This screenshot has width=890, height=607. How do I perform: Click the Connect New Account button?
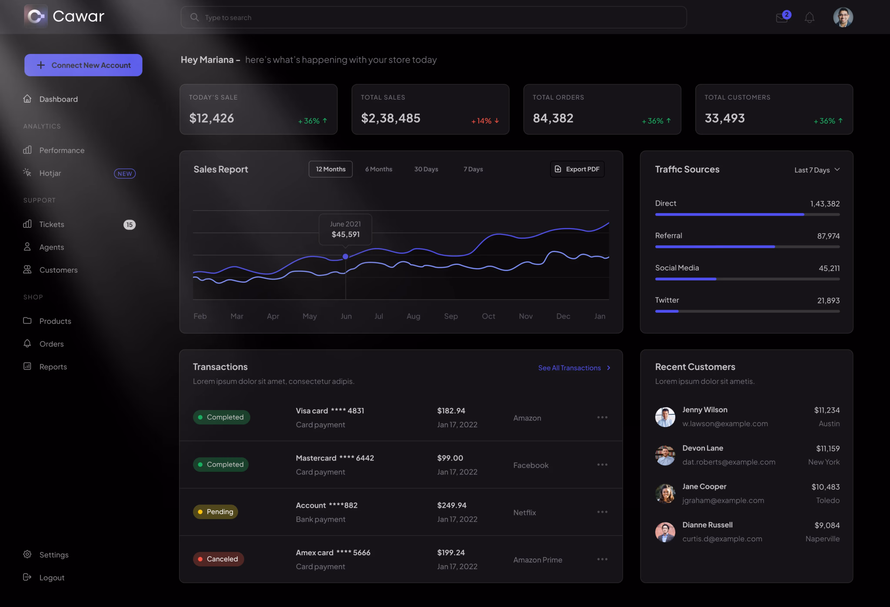click(83, 65)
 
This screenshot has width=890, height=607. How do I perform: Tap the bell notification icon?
click(809, 18)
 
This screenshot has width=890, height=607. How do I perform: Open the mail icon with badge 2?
click(782, 18)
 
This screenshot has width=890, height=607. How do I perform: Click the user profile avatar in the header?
click(843, 17)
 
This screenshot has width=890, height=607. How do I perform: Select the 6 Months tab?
click(379, 169)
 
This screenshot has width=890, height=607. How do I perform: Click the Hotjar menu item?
click(50, 173)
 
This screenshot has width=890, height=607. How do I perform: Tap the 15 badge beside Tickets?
click(129, 225)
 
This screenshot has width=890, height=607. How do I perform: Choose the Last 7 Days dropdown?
click(817, 170)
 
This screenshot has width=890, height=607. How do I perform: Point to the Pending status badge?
click(216, 512)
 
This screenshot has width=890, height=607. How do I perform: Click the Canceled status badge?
click(219, 559)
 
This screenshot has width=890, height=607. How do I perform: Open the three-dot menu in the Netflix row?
click(602, 512)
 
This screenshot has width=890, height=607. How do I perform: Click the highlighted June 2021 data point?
click(345, 257)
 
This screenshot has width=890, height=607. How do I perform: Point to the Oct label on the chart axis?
click(488, 316)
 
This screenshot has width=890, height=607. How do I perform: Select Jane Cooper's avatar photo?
click(665, 494)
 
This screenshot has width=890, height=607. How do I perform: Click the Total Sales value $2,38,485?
click(390, 118)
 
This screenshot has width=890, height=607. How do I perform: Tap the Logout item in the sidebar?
click(52, 577)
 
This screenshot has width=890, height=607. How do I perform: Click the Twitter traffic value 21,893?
click(828, 300)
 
